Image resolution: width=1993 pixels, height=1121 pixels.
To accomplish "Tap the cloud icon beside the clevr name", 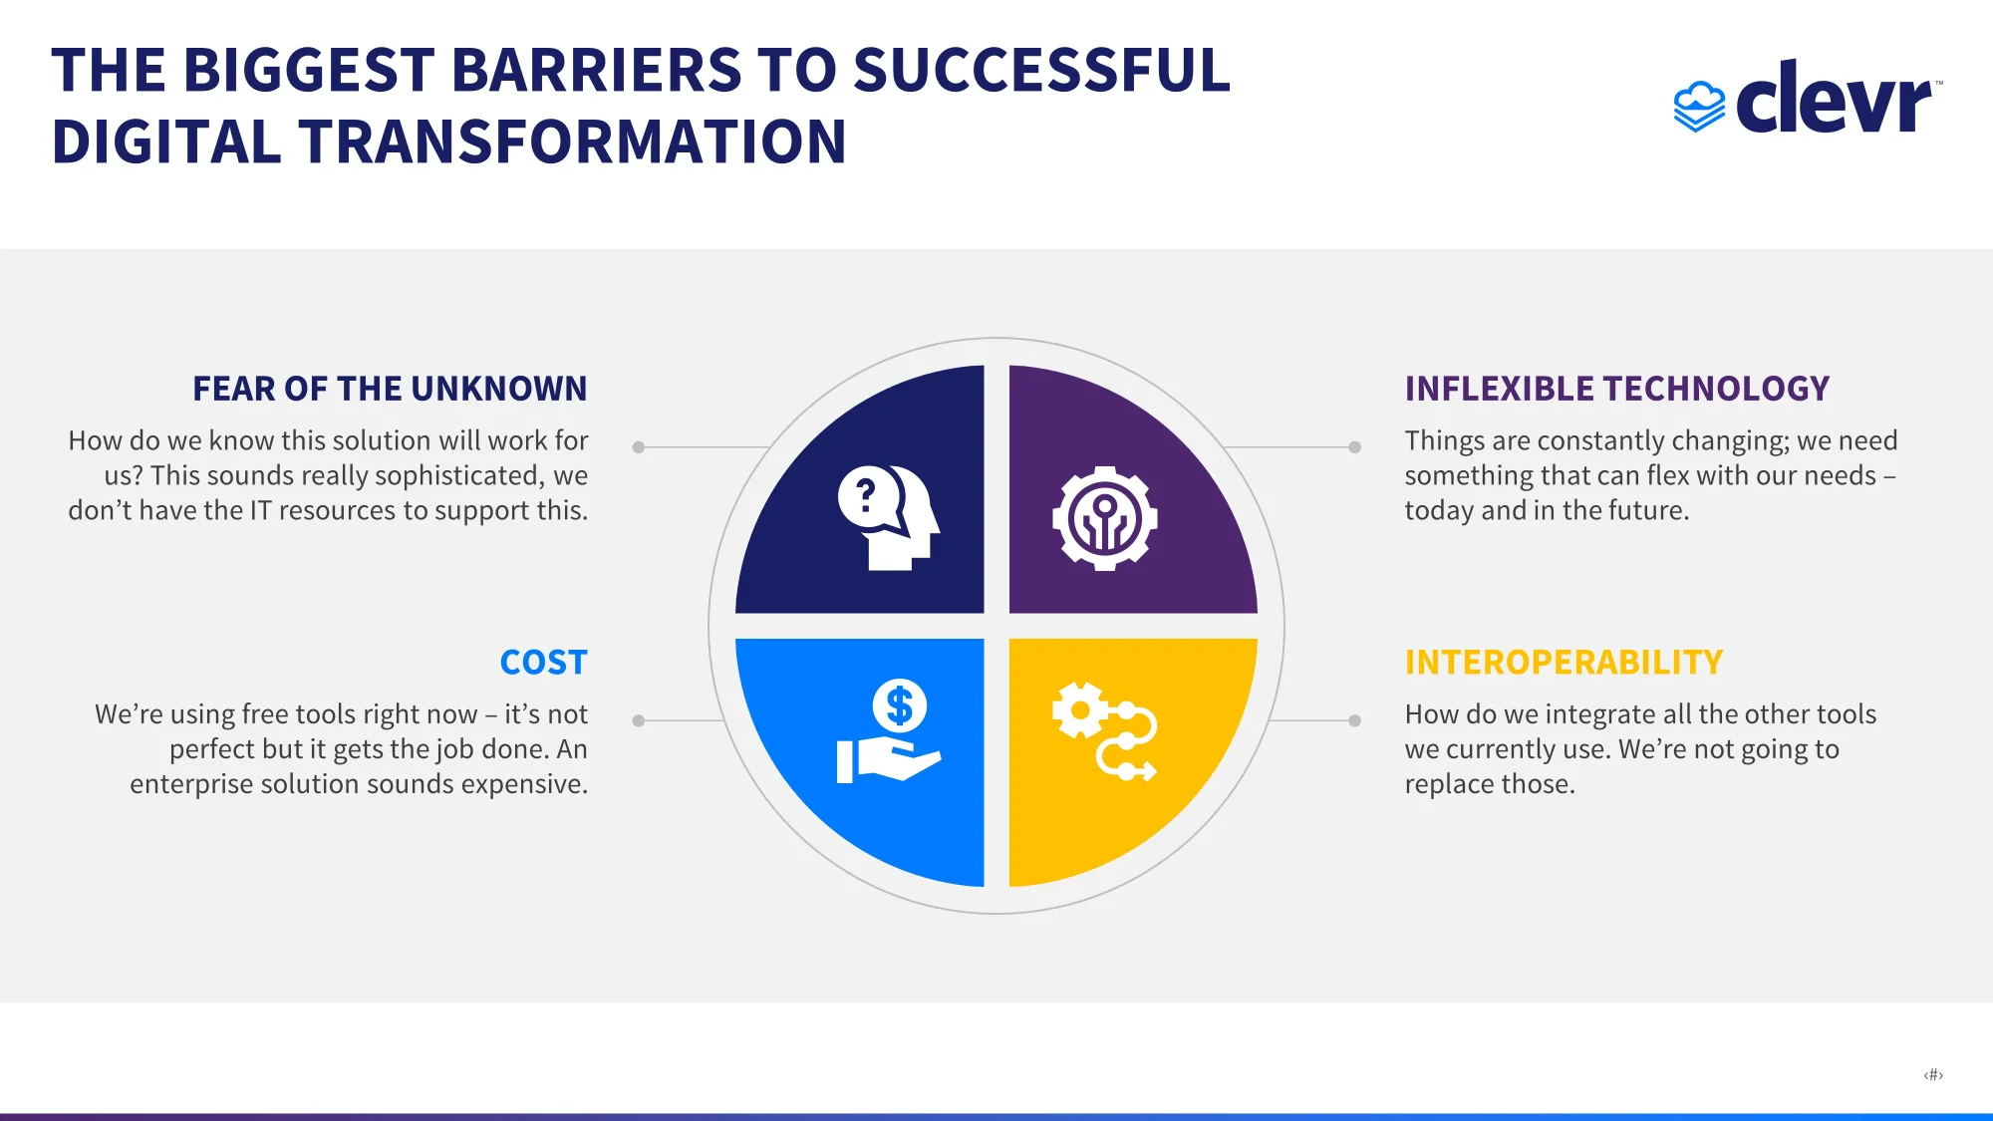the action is (1699, 107).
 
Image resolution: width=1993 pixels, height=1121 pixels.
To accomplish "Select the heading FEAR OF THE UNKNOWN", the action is (390, 389).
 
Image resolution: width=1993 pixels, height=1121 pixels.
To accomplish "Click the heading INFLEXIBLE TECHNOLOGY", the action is (1616, 389).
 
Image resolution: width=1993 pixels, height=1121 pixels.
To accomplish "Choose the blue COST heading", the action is (543, 663).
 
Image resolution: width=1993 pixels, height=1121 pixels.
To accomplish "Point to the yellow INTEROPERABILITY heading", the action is (1564, 663).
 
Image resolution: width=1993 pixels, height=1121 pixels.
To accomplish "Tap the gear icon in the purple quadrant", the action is (1104, 518).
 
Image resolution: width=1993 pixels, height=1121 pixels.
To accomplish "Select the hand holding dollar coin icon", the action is (889, 731).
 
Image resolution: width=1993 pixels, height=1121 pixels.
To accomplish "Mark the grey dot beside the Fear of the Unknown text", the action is (639, 447).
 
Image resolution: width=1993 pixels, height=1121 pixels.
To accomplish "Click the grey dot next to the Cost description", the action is (639, 720).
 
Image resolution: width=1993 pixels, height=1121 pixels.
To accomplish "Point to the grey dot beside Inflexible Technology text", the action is (1354, 447).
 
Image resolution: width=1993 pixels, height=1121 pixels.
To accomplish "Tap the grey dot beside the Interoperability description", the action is (1354, 720).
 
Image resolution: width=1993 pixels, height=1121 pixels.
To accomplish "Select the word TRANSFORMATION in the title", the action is (572, 141).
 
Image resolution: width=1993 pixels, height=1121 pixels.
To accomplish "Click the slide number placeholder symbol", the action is (1933, 1074).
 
